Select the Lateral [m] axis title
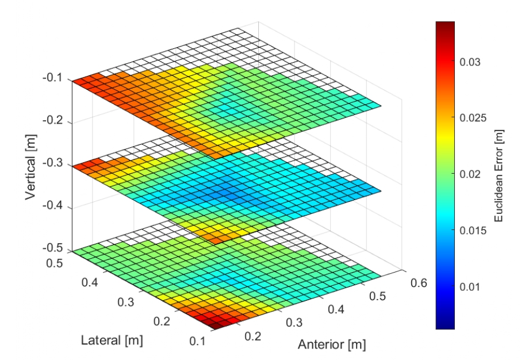coord(113,340)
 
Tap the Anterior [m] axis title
coord(331,345)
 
